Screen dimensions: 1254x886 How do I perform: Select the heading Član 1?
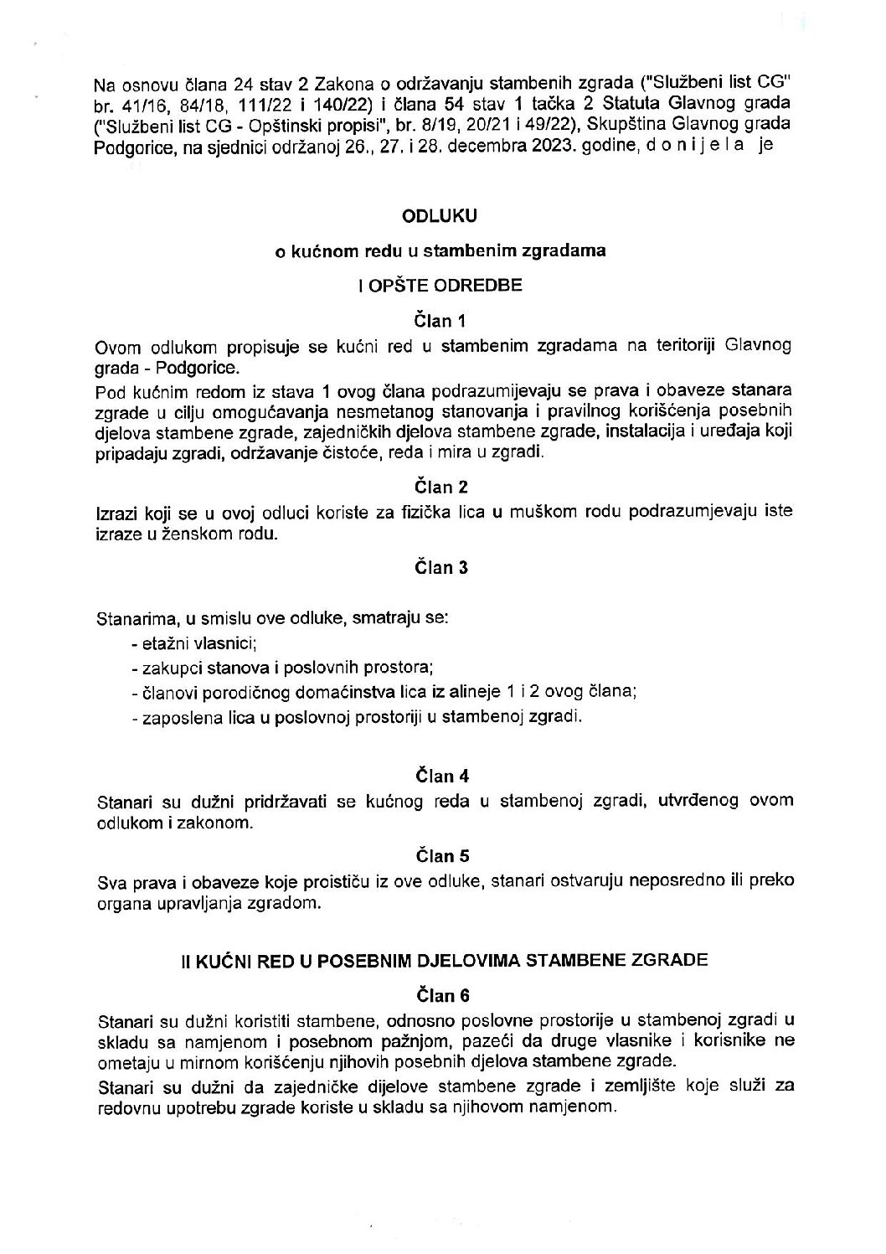click(440, 320)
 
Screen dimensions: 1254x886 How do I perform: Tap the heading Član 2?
click(440, 487)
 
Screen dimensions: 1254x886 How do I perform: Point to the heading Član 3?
click(440, 568)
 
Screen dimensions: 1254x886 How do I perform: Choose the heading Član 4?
click(440, 775)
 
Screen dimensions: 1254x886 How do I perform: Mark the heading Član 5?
click(440, 856)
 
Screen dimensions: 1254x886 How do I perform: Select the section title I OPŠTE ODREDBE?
click(440, 285)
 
